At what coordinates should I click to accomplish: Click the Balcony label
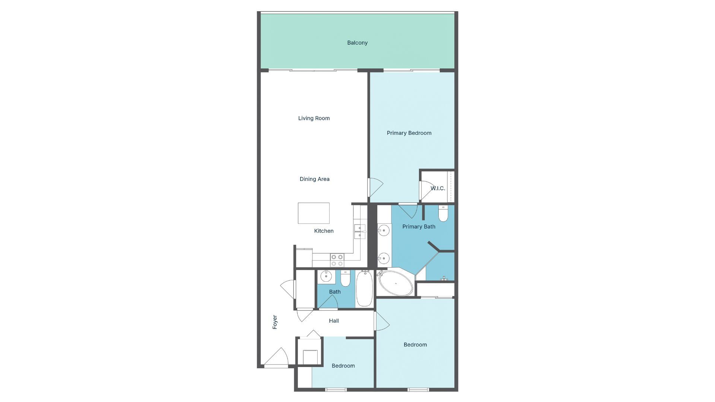357,43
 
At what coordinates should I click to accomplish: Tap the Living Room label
314,118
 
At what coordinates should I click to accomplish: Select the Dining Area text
314,179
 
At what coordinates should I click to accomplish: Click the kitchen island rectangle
314,213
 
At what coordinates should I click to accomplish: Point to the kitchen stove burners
337,260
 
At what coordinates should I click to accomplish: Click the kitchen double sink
360,232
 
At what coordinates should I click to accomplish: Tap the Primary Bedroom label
409,133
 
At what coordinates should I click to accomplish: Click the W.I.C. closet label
438,188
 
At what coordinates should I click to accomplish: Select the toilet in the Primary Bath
443,214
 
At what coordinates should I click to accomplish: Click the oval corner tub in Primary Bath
395,283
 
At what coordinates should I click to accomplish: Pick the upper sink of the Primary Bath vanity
384,231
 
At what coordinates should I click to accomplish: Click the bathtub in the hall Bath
364,289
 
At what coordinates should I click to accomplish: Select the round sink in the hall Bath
326,276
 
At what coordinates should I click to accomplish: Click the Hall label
334,321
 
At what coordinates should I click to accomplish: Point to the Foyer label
275,322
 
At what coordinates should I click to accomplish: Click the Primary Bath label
419,227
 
